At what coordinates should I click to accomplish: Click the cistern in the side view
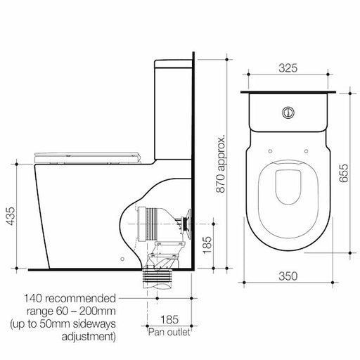[172, 105]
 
